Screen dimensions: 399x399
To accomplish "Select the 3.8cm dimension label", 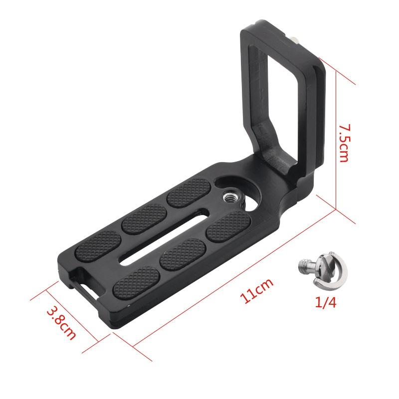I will pyautogui.click(x=60, y=322).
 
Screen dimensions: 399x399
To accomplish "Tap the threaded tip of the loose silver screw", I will pyautogui.click(x=303, y=265).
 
